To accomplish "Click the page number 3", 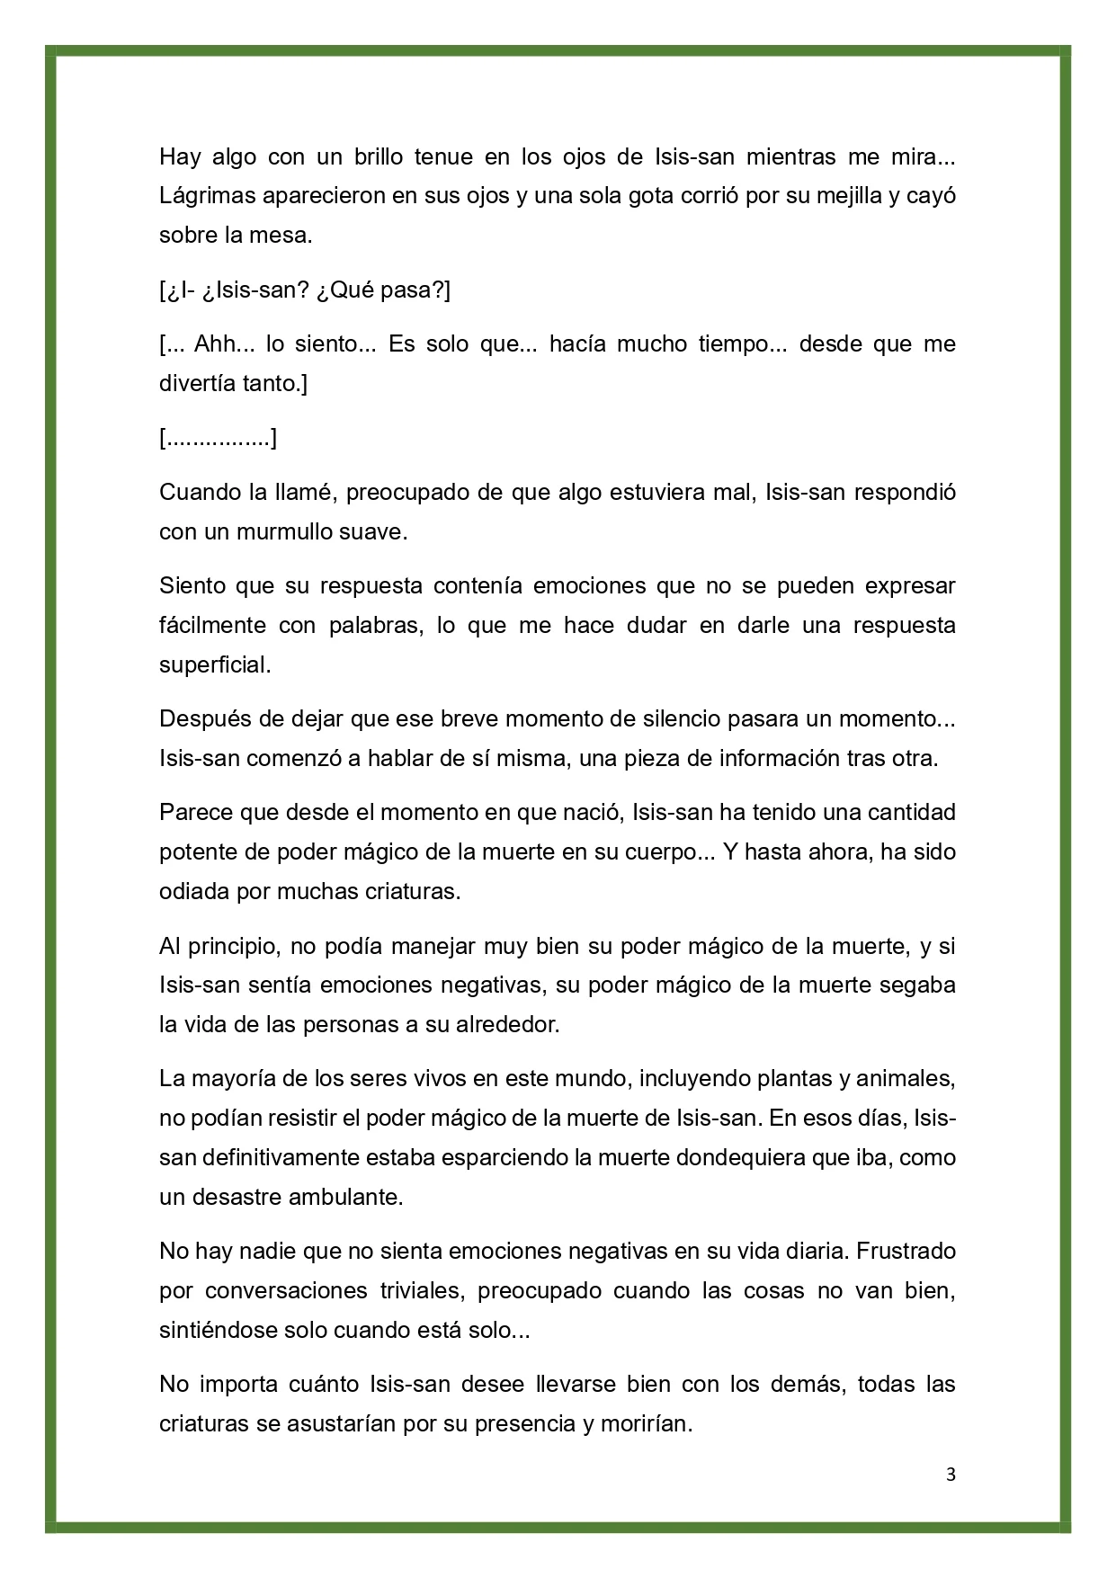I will pos(951,1475).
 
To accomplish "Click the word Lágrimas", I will pos(202,196).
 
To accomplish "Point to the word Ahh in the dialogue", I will pos(214,343).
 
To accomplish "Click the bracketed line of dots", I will pos(218,439).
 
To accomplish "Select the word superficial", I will pos(214,664).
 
